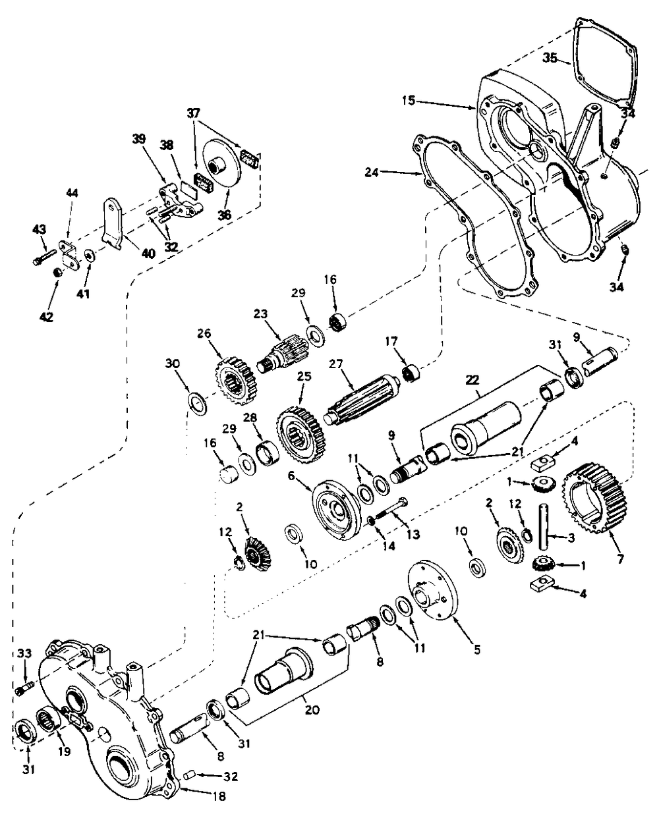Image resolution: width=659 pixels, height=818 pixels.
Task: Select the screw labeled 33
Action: [x=24, y=690]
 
